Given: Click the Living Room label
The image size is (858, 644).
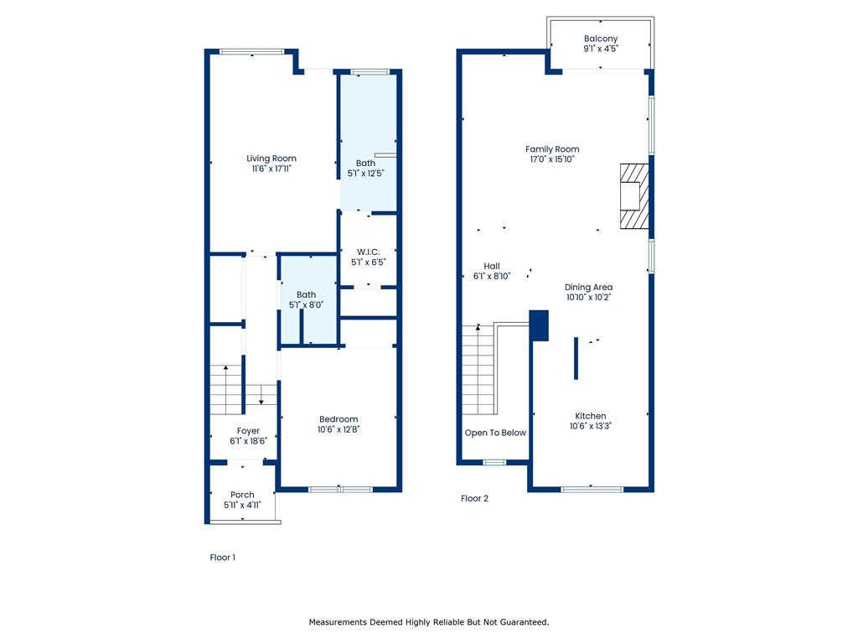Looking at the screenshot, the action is (x=271, y=158).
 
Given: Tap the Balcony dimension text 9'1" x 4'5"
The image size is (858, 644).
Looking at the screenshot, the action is (x=601, y=48).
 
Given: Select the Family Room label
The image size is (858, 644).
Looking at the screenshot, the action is (x=552, y=149).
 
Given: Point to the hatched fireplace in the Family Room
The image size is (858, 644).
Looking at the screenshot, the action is (x=634, y=195).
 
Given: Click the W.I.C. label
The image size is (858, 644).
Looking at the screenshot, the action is (x=369, y=252).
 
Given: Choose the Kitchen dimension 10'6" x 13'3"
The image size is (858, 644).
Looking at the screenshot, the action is (x=591, y=425).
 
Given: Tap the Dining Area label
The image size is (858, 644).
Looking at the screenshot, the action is (x=589, y=287).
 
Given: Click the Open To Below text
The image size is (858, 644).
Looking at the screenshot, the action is (x=495, y=433).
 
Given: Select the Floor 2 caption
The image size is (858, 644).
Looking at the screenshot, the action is (x=474, y=498).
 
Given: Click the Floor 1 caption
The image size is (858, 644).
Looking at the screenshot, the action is (x=223, y=558).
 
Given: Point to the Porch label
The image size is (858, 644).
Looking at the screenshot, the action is (x=242, y=495).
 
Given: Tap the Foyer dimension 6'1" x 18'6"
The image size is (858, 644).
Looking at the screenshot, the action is (x=248, y=441).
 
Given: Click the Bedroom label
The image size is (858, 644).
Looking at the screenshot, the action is (x=339, y=419).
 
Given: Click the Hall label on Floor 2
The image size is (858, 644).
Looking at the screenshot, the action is (x=492, y=266).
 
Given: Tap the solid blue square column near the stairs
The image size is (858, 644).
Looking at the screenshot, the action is (x=539, y=326).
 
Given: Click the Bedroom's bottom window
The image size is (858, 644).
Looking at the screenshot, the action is (x=340, y=489).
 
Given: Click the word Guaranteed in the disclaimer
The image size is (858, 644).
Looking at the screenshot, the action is (x=525, y=622).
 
